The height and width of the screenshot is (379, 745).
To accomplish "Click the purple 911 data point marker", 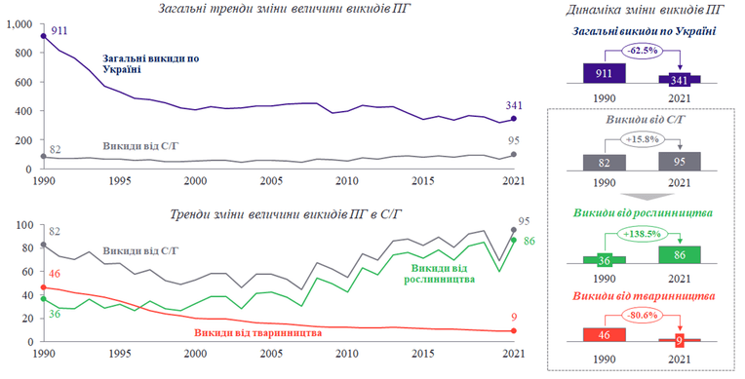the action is click(43, 36).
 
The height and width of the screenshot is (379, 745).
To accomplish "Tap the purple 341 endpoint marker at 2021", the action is click(514, 119).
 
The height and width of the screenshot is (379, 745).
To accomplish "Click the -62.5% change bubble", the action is click(643, 51).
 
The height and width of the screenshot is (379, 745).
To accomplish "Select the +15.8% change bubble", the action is click(643, 139).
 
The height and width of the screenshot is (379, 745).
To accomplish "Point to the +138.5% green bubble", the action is click(643, 234).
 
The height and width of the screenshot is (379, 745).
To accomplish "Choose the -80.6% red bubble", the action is click(643, 316).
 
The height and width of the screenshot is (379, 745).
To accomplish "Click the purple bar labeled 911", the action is click(605, 73).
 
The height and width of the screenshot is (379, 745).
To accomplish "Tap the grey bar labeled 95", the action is click(680, 162).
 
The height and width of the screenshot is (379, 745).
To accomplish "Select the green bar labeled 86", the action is click(680, 254).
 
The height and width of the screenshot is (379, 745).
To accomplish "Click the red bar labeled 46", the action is click(605, 334).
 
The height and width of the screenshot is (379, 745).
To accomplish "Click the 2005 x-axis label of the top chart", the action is click(271, 181).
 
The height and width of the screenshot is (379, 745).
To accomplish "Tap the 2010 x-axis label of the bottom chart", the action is click(347, 354).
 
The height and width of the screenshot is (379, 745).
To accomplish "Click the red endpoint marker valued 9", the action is click(514, 330).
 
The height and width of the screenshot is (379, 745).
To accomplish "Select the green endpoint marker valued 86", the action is click(514, 241).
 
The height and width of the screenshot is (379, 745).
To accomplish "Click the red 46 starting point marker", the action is click(43, 287).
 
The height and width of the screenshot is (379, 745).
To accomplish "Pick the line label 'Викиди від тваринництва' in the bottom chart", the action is click(258, 333).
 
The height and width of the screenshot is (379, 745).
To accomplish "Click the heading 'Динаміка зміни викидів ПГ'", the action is click(645, 10).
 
